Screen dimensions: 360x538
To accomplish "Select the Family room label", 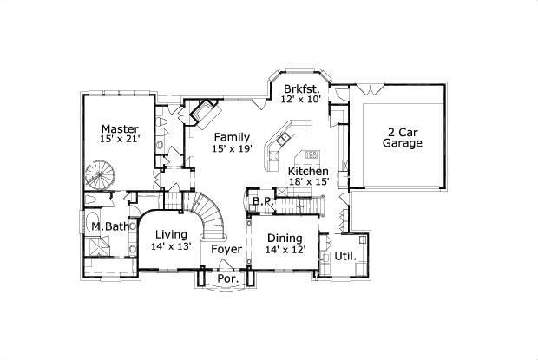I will [232, 137].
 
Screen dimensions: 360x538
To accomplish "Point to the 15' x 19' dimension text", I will [232, 149].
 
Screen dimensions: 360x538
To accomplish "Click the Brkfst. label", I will [302, 88].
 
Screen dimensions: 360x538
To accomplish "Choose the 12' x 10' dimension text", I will [302, 99].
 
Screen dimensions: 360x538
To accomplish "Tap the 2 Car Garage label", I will [403, 137].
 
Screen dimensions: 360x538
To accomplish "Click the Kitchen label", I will [308, 171].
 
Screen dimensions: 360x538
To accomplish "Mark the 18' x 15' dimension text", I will [308, 182].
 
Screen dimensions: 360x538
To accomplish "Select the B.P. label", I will [261, 202].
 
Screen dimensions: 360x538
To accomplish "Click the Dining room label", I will [285, 239].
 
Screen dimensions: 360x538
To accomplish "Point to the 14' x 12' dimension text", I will [285, 251].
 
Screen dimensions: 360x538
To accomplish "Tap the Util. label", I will [347, 257].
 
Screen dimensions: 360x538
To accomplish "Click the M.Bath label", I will [110, 228].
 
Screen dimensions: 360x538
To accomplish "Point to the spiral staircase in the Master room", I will [100, 173].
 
